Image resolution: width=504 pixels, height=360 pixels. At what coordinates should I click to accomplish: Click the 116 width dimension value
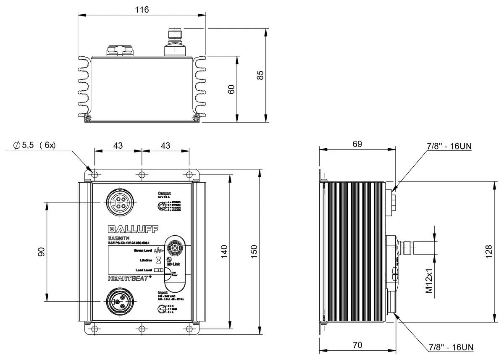[142, 10]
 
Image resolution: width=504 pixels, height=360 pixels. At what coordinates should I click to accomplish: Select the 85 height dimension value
[260, 75]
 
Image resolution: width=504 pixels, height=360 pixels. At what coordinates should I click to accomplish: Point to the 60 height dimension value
[231, 89]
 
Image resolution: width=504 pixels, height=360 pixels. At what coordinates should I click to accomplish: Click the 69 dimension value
[357, 144]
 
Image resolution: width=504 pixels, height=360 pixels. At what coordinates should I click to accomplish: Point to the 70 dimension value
[357, 346]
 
